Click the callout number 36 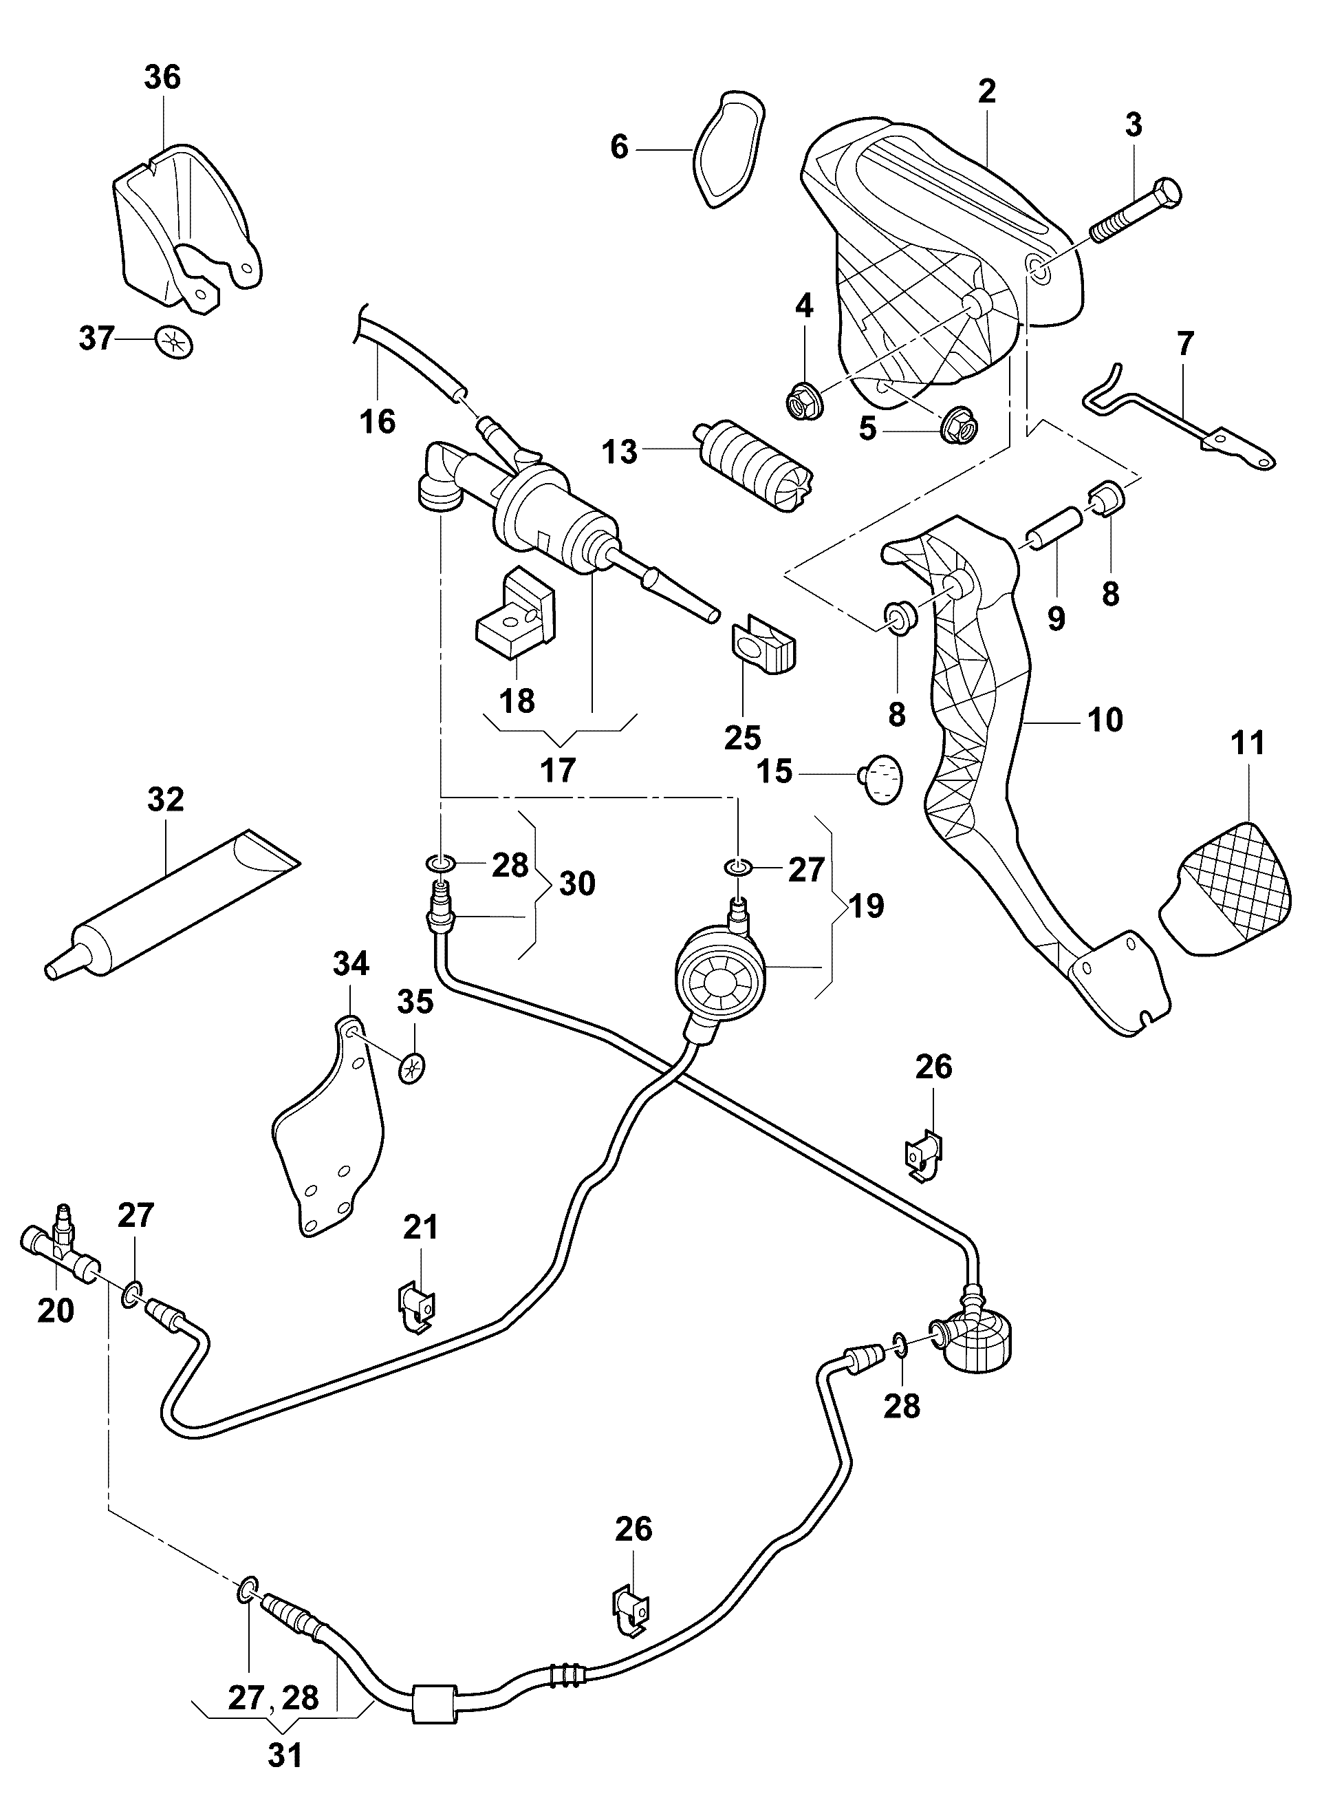(162, 78)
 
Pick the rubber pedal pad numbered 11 (1226, 888)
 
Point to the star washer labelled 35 (411, 1069)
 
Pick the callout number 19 (867, 906)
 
